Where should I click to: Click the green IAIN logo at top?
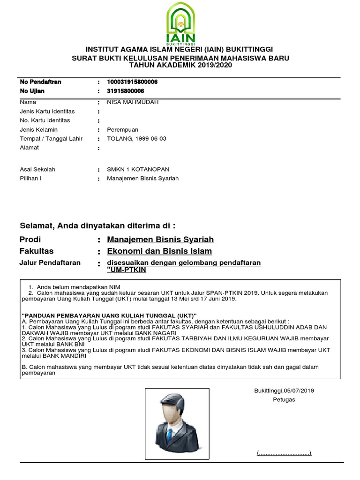[180, 23]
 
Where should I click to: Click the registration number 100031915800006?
[132, 82]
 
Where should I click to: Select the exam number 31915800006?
[126, 91]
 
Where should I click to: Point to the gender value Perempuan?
[123, 130]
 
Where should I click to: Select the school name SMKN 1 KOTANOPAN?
[138, 169]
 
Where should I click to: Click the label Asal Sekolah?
[37, 169]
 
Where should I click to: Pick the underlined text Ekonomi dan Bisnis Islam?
[159, 252]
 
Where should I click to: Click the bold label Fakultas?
[37, 251]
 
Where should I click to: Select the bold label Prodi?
[30, 240]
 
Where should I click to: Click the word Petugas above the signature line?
[284, 400]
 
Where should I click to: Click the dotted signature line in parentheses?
[284, 453]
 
